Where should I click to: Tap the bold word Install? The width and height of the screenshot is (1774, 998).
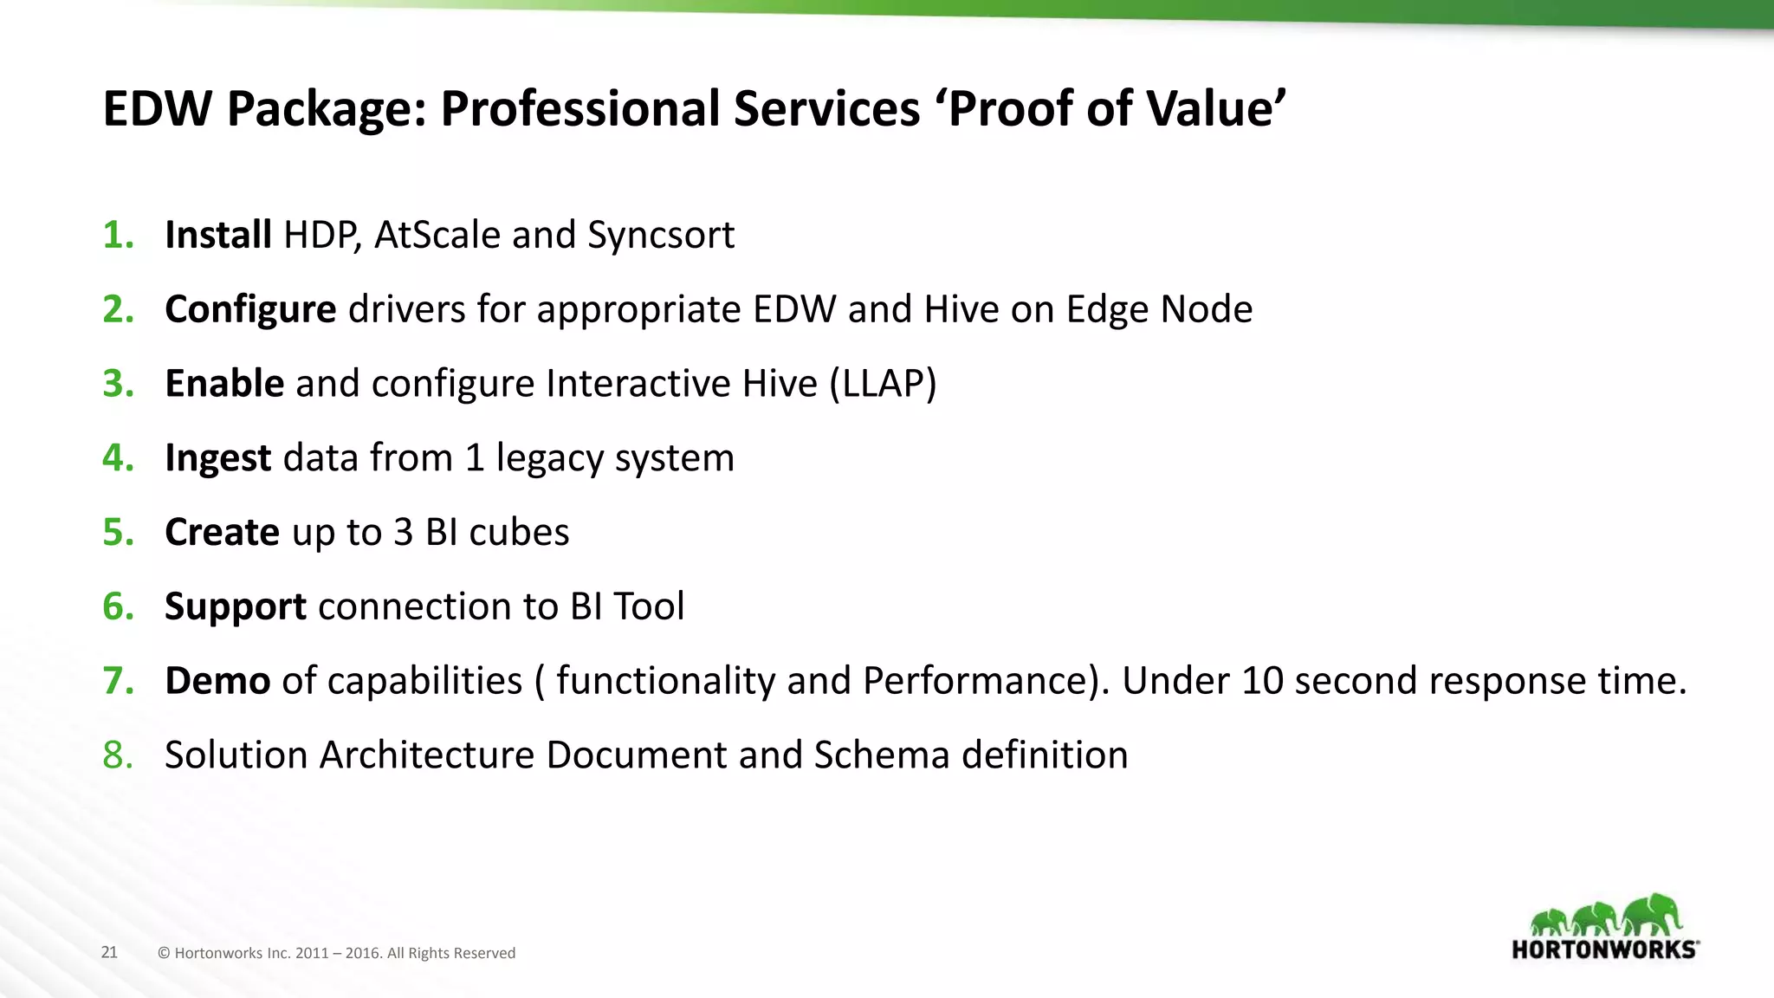218,235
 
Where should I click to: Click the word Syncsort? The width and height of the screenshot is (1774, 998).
661,236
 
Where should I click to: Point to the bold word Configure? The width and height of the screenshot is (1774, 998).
250,309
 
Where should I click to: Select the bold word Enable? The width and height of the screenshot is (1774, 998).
224,383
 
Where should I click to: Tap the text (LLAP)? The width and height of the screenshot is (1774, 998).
883,384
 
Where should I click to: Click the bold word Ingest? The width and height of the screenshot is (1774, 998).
218,457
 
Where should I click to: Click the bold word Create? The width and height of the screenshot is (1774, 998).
223,532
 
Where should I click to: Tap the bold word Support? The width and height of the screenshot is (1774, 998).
236,606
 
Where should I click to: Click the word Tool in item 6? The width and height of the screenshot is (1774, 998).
649,606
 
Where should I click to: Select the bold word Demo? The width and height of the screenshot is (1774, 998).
217,681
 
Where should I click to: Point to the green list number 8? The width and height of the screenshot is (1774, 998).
118,755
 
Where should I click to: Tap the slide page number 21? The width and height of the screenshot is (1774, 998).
109,952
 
